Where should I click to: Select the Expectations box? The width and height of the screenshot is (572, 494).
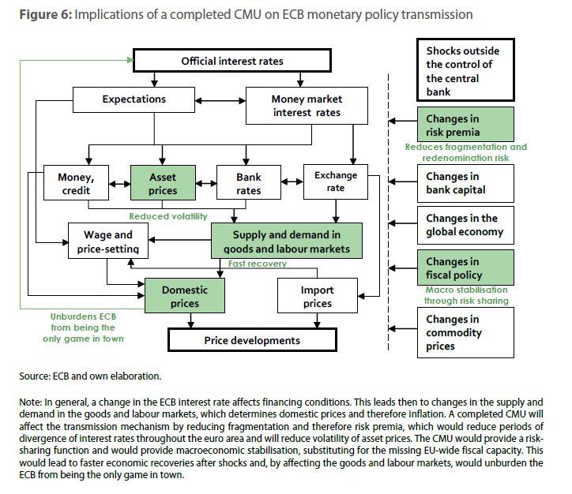point(134,100)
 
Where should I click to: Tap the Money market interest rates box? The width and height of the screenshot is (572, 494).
point(306,106)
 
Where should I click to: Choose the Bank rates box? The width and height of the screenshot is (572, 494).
point(249,184)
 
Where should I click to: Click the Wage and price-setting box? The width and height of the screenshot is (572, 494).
point(107,242)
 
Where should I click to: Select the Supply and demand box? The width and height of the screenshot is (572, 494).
point(286,242)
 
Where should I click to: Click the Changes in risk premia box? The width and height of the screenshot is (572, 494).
point(465,125)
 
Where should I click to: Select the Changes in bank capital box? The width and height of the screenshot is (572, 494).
point(465,183)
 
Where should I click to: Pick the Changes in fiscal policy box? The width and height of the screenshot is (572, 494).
point(465,268)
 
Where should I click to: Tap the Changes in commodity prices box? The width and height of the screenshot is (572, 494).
point(465,332)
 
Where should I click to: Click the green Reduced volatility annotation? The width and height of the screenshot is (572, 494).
point(168,216)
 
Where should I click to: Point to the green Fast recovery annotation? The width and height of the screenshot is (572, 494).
point(257,264)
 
